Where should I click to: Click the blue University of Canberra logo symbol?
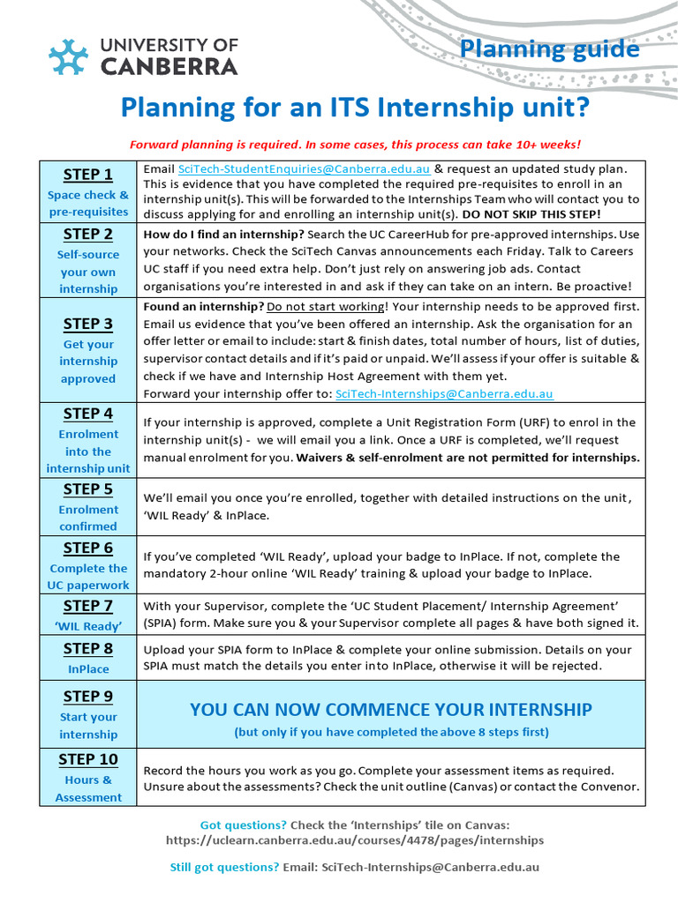(x=68, y=56)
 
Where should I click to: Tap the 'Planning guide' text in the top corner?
(x=549, y=49)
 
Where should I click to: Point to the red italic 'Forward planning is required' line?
(x=355, y=145)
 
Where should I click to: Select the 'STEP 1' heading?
(x=87, y=174)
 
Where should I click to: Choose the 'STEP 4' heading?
(x=87, y=413)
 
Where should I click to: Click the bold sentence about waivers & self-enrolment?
(x=468, y=457)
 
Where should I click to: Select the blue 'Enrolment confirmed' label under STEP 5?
(x=87, y=518)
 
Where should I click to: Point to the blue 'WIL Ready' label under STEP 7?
(x=87, y=626)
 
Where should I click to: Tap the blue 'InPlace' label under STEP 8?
(x=87, y=669)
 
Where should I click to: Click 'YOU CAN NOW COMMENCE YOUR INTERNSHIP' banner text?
(x=390, y=710)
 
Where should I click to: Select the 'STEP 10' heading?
(x=87, y=759)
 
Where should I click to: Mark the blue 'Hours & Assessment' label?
(x=87, y=788)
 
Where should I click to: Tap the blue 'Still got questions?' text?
(x=224, y=867)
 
